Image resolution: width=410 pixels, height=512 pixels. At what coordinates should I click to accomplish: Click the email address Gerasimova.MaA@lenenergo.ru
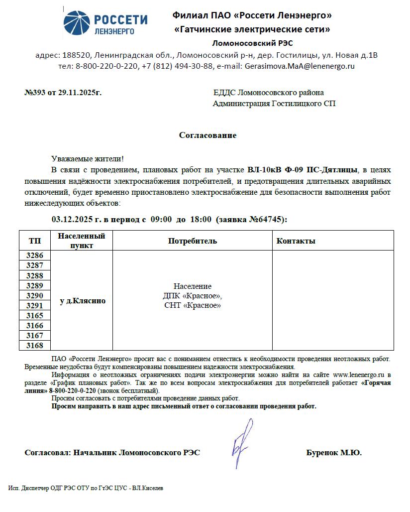point(299,66)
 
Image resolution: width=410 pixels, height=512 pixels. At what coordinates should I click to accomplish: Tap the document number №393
point(35,93)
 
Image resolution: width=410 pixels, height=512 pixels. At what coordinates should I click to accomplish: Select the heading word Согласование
point(207,135)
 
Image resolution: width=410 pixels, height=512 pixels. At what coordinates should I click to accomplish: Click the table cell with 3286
point(35,256)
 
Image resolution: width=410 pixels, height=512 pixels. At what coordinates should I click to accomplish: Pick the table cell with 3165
point(35,316)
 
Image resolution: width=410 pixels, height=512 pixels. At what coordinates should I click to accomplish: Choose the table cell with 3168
point(35,346)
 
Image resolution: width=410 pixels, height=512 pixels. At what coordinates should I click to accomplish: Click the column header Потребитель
point(193,241)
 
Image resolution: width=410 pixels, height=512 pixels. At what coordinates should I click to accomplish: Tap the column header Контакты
point(296,241)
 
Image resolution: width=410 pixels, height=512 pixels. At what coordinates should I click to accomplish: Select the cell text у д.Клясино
point(83,301)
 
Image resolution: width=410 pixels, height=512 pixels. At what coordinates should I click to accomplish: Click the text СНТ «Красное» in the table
point(193,305)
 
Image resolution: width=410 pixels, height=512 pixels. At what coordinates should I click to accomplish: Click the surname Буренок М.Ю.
point(334,453)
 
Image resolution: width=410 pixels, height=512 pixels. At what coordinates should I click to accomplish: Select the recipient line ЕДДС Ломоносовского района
point(268,93)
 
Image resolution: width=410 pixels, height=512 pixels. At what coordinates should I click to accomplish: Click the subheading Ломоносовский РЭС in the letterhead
point(252,43)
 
